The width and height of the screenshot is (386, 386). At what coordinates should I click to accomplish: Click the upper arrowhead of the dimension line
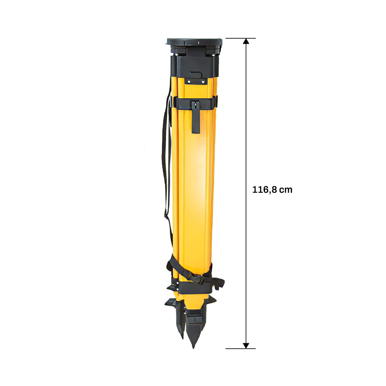tap(246, 41)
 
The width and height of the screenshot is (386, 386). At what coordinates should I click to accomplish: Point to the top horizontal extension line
tap(240, 38)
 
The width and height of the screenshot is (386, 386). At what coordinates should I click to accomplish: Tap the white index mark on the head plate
tap(198, 42)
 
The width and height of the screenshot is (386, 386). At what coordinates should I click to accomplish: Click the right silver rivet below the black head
tap(203, 81)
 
